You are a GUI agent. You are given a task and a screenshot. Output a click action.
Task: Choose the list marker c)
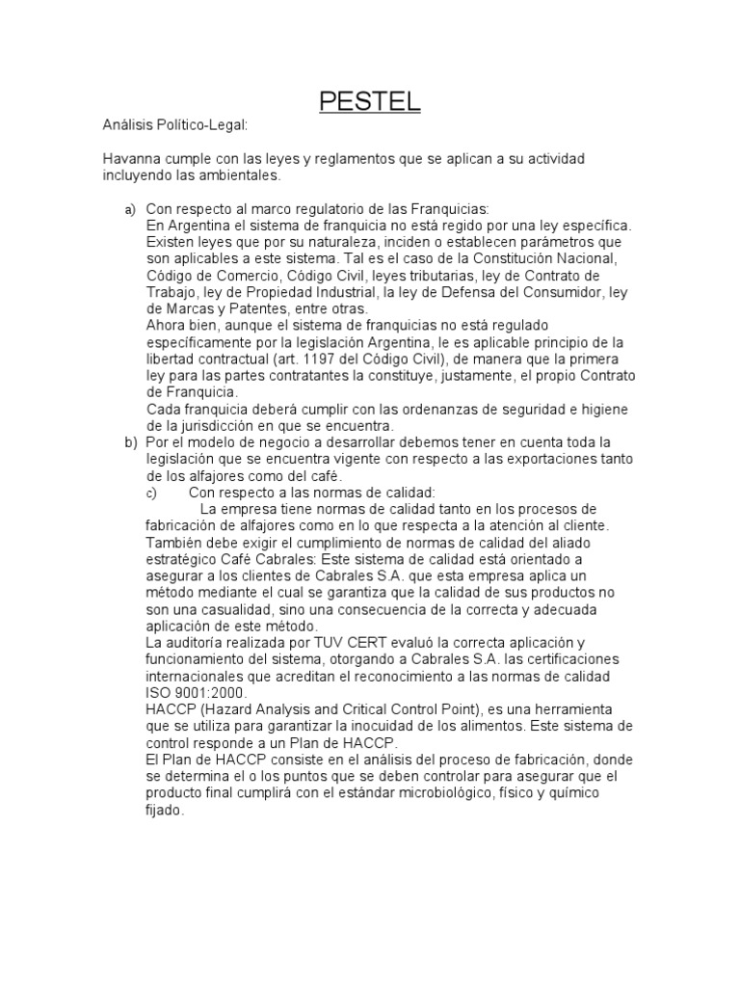pyautogui.click(x=150, y=493)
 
